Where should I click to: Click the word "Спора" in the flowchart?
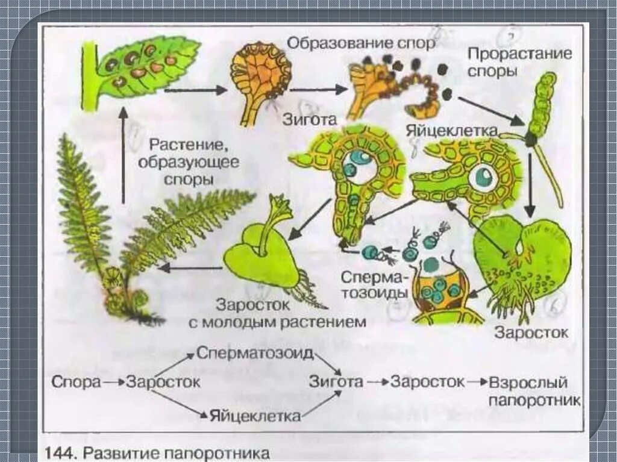pos(75,382)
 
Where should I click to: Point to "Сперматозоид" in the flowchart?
pos(255,354)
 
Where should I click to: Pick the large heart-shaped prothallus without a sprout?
pos(521,259)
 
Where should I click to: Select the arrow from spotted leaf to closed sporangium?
pos(195,90)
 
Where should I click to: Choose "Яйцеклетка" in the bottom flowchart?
pos(255,416)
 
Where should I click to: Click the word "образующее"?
pos(189,162)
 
